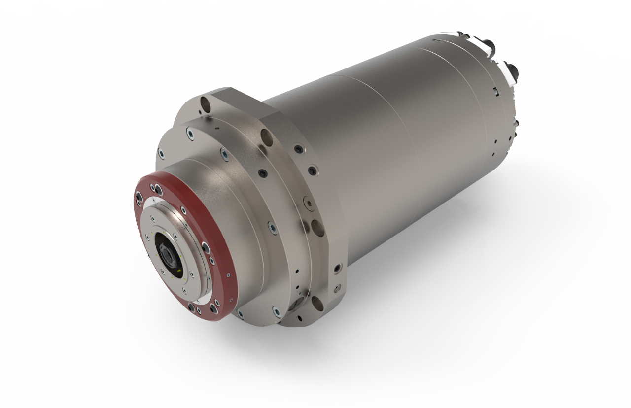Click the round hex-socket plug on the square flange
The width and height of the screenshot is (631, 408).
[x=308, y=202]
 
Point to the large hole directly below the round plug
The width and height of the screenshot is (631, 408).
[x=318, y=227]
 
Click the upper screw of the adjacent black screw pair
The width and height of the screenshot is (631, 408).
[x=298, y=149]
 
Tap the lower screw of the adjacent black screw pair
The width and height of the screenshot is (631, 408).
[x=312, y=170]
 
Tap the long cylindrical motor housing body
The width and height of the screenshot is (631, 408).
[x=394, y=148]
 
